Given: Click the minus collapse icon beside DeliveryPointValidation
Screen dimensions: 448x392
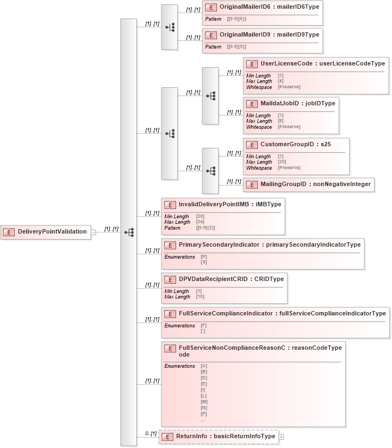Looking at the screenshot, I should tap(93, 232).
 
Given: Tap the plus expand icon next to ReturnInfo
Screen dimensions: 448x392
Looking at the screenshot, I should tap(281, 437).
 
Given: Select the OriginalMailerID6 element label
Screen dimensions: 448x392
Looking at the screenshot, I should tap(269, 7).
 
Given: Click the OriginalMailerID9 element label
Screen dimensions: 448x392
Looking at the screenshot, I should tap(269, 35).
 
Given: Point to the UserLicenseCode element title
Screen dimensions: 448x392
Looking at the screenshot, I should tap(322, 64).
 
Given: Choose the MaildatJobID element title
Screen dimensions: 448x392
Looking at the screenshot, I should tap(298, 103).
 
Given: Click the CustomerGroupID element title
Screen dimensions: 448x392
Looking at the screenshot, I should tap(295, 145).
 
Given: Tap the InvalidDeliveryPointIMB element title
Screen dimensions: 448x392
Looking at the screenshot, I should tap(230, 205).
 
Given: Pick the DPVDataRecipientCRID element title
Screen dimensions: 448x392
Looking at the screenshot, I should tap(231, 279).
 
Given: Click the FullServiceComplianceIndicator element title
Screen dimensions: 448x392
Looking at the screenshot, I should tap(282, 313).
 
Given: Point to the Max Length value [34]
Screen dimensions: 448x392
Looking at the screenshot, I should tap(200, 222).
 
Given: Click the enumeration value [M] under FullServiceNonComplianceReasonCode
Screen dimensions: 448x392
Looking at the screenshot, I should tap(204, 402).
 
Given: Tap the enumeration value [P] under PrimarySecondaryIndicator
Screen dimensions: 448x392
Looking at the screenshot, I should tap(204, 256).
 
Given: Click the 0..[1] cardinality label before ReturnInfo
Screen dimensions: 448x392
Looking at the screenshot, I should tap(150, 433).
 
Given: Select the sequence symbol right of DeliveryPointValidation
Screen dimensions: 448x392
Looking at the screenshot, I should tap(129, 232).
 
